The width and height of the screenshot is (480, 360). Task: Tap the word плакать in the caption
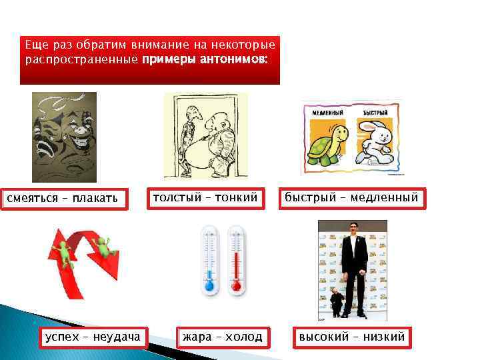(x=95, y=198)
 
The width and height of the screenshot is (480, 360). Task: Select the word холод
(x=242, y=337)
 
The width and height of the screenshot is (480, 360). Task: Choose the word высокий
(x=324, y=337)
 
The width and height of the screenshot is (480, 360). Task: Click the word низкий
(x=385, y=337)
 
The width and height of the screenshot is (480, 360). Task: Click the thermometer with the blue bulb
(x=209, y=260)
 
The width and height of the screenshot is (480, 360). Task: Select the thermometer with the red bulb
(x=236, y=260)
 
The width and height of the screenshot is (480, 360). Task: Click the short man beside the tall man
(x=337, y=300)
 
